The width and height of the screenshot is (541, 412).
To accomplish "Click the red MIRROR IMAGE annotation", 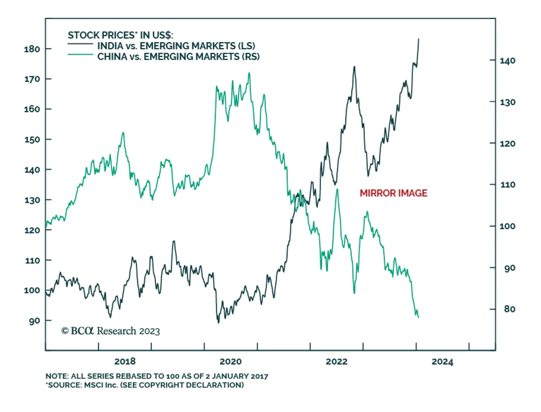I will [393, 193].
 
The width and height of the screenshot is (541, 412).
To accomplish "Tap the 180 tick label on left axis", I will [32, 49].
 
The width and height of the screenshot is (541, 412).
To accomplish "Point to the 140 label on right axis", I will [508, 61].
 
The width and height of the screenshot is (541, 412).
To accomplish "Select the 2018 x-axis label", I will [125, 362].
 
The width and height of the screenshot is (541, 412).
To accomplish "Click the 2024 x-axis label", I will [442, 362].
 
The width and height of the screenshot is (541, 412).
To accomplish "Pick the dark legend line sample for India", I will [80, 44].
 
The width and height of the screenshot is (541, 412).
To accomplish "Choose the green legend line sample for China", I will [80, 55].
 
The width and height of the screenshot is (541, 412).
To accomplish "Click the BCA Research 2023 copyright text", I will [111, 331].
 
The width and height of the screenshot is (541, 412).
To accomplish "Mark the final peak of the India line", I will [419, 39].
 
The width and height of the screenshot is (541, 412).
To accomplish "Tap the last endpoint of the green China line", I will [419, 317].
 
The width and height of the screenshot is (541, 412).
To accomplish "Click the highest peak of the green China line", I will [249, 73].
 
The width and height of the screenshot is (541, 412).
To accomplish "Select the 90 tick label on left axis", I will [34, 321].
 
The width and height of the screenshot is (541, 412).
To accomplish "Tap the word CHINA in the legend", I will [111, 56].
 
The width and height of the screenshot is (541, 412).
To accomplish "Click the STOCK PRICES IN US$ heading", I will [120, 35].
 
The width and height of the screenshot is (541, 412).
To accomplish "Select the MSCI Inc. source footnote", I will [145, 385].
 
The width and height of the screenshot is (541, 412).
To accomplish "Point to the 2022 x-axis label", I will [336, 362].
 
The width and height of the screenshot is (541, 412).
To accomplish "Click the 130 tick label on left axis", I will [32, 200].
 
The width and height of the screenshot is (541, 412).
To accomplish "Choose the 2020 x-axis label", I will [231, 362].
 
